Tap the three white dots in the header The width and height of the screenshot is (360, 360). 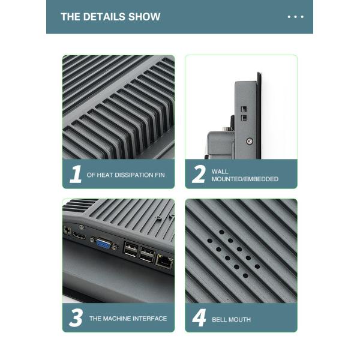coord(295,17)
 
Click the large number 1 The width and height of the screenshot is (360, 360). coord(76,174)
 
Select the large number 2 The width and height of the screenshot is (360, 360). coord(199,174)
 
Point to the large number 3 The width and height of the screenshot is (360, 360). coord(76,317)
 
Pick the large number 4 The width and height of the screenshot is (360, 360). coord(199,317)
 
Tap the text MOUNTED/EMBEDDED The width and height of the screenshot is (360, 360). coord(245,179)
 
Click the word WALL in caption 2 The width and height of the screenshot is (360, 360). coord(220,172)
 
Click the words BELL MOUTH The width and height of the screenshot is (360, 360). coord(231,320)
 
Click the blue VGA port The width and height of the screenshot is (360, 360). coord(104,244)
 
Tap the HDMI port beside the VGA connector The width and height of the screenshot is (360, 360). coord(79,236)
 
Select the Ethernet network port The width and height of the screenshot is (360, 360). coord(164,262)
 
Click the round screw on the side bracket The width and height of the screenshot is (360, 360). coord(250,141)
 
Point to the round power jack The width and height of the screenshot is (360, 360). coord(67,230)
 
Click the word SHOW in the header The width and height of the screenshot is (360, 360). coord(144,17)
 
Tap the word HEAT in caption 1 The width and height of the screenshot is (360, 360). coord(104,175)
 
